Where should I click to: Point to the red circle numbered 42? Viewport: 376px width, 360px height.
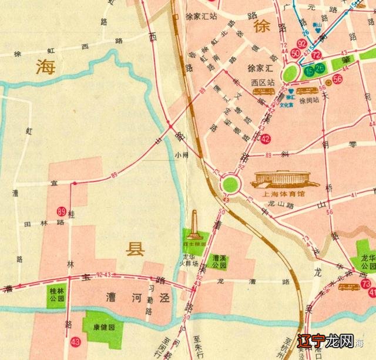pos(266,139)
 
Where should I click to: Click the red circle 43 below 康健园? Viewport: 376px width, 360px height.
pos(75,341)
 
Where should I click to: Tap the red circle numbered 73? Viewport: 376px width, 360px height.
pos(366,285)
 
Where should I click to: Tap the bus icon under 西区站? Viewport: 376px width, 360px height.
pos(261,92)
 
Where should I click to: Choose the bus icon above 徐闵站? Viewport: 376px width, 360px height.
pos(307,92)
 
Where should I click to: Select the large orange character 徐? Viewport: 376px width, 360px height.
pos(262,25)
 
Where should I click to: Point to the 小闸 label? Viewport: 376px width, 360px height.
pos(182,155)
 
